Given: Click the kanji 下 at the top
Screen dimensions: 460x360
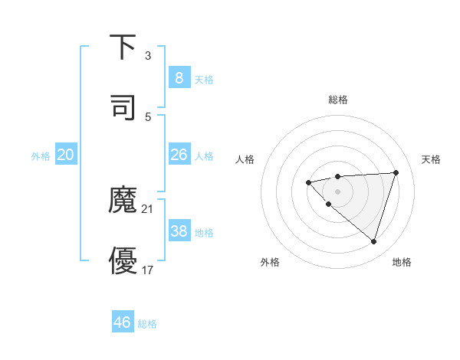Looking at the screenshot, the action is (x=123, y=47).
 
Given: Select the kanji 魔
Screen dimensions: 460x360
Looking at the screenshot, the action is (x=123, y=200).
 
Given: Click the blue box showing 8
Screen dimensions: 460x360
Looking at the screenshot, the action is (x=179, y=78).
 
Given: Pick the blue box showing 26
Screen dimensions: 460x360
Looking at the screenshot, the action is (x=179, y=155).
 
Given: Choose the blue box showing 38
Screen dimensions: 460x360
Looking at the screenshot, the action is (x=179, y=231).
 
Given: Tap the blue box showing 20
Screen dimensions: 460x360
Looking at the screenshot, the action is (x=65, y=155).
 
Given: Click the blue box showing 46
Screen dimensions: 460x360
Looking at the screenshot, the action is (x=122, y=322).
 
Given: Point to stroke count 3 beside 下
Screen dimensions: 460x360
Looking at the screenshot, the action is (x=147, y=56).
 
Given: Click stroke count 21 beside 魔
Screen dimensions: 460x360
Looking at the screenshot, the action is (x=148, y=208).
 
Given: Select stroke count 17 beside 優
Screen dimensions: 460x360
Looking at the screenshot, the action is (x=148, y=270).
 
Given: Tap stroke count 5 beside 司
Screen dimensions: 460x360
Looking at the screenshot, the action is (x=147, y=116).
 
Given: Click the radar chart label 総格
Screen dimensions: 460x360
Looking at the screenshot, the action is (x=337, y=100).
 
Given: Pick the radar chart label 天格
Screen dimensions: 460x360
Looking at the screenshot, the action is (x=431, y=159).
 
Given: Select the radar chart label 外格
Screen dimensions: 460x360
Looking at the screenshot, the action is (x=270, y=262).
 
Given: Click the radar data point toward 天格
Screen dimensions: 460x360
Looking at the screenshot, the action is (x=396, y=172).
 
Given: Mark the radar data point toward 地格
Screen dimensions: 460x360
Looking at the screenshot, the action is (x=373, y=241).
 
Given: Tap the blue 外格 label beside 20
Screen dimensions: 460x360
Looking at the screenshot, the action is (x=41, y=155).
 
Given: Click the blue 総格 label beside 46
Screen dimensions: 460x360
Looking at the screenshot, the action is (x=147, y=323).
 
